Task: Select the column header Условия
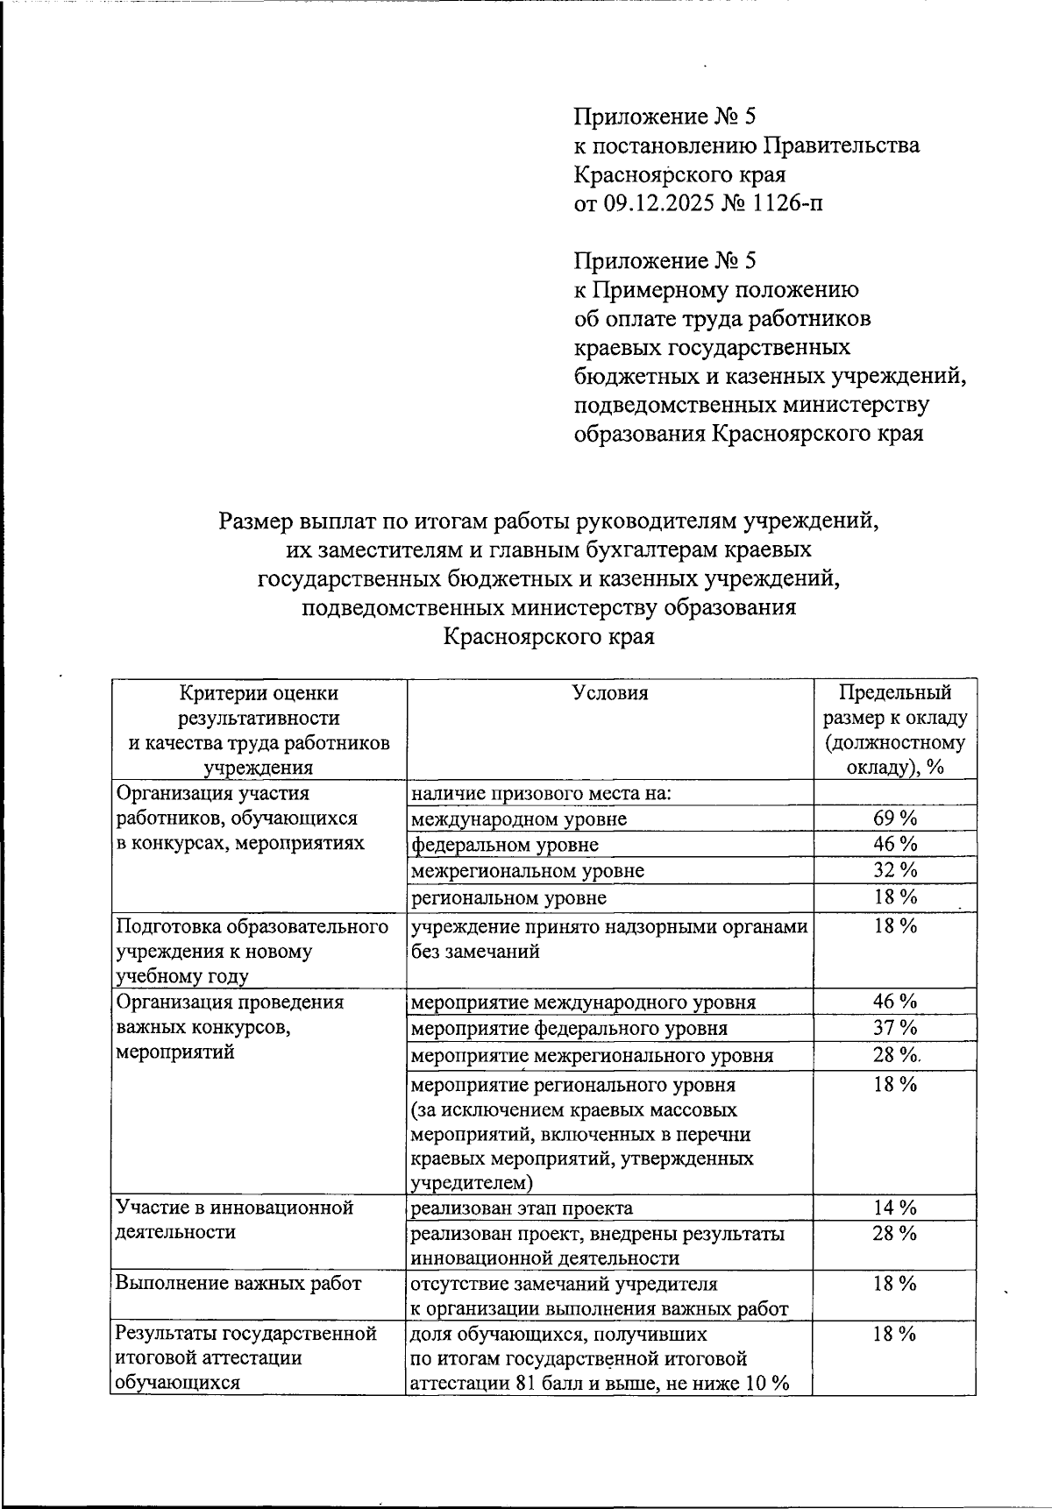coord(610,693)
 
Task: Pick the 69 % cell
coord(895,818)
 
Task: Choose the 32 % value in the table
coord(895,870)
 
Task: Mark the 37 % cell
coord(895,1027)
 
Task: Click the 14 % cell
coord(895,1208)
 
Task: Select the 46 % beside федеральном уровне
coord(895,844)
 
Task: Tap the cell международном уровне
coord(519,819)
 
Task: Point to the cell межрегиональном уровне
coord(528,871)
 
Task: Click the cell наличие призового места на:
coord(541,794)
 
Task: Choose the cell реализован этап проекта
coord(522,1208)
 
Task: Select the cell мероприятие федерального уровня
coord(569,1028)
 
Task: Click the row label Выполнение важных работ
coord(238,1284)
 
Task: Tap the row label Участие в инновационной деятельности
coord(234,1220)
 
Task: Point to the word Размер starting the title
coord(256,521)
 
